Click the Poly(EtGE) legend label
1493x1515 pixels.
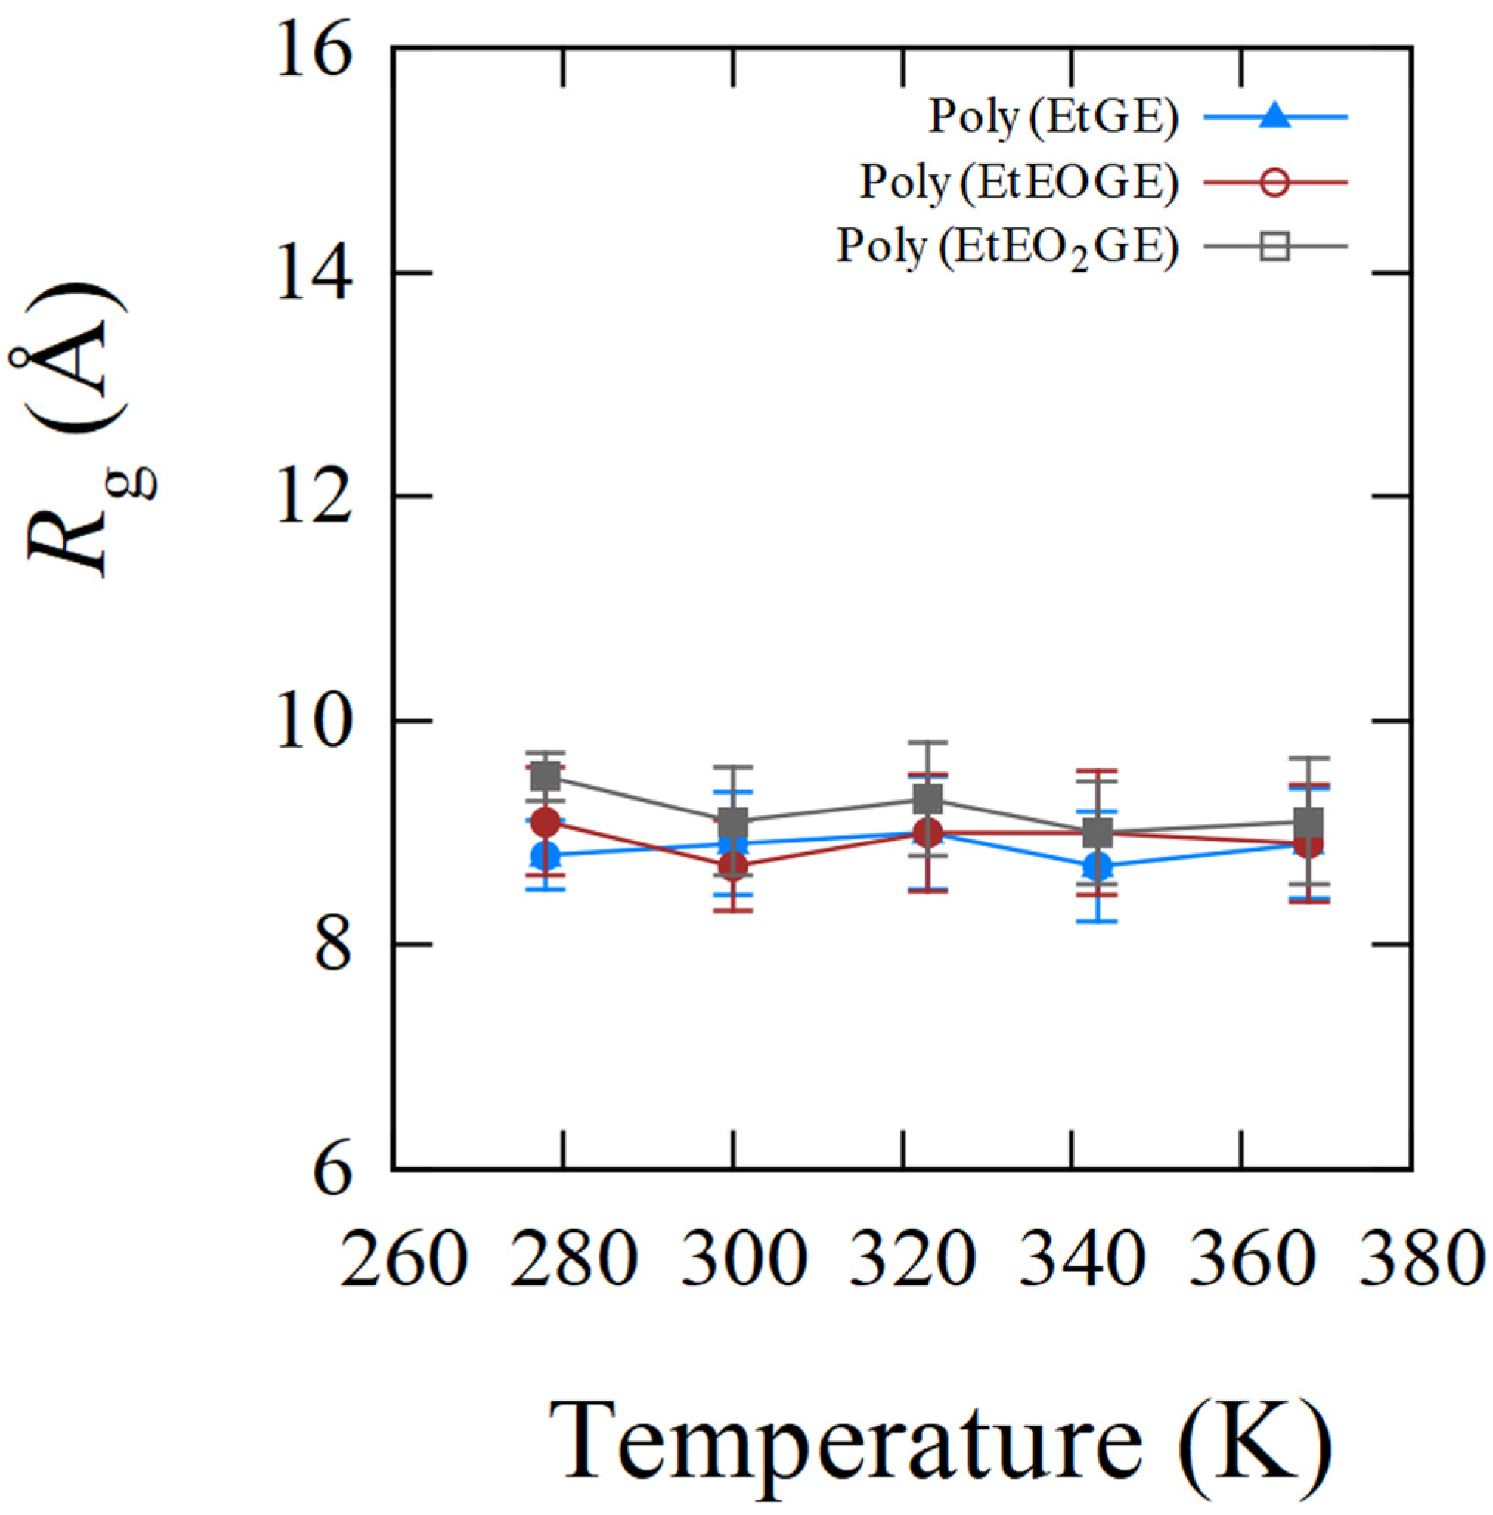pyautogui.click(x=1053, y=117)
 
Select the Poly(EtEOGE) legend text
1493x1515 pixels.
pyautogui.click(x=1018, y=183)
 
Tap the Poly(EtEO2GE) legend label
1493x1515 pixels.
pyautogui.click(x=1007, y=247)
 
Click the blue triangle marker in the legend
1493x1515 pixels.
pyautogui.click(x=1276, y=117)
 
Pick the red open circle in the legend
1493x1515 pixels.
pyautogui.click(x=1276, y=182)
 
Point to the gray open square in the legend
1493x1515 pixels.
pyautogui.click(x=1276, y=247)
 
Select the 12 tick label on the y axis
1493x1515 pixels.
pyautogui.click(x=312, y=497)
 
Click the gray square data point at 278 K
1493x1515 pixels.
pyautogui.click(x=546, y=777)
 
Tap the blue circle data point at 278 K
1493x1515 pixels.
pyautogui.click(x=546, y=855)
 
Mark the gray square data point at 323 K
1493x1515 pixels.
pyautogui.click(x=928, y=800)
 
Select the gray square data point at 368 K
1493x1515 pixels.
pyautogui.click(x=1308, y=823)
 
